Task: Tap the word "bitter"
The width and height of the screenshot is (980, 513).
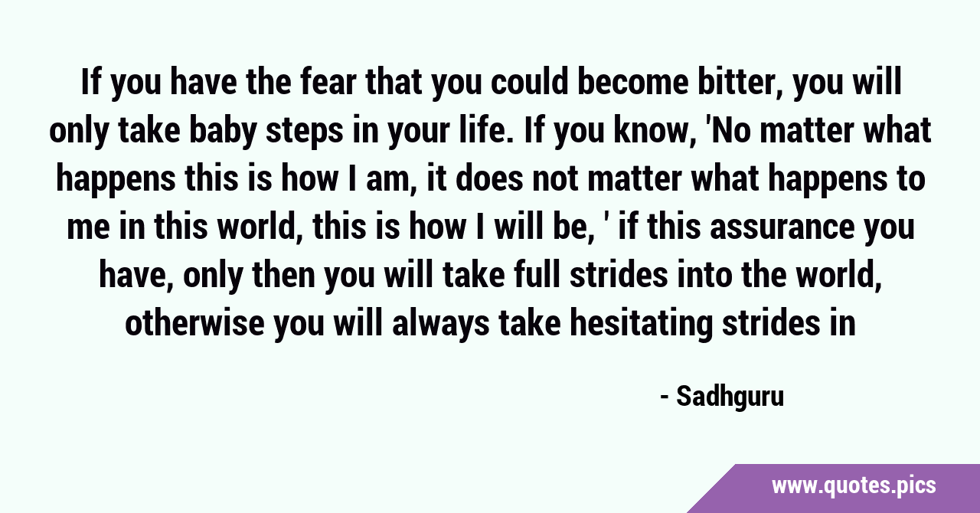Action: [x=740, y=83]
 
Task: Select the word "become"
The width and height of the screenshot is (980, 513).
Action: [x=633, y=83]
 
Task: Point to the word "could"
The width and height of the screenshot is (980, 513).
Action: [x=529, y=83]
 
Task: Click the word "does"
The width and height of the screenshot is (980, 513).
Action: [x=489, y=178]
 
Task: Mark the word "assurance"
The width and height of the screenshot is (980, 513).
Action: [x=782, y=227]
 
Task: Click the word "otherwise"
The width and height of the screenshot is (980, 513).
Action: [x=194, y=323]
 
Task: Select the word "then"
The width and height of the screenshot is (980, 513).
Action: [x=283, y=275]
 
